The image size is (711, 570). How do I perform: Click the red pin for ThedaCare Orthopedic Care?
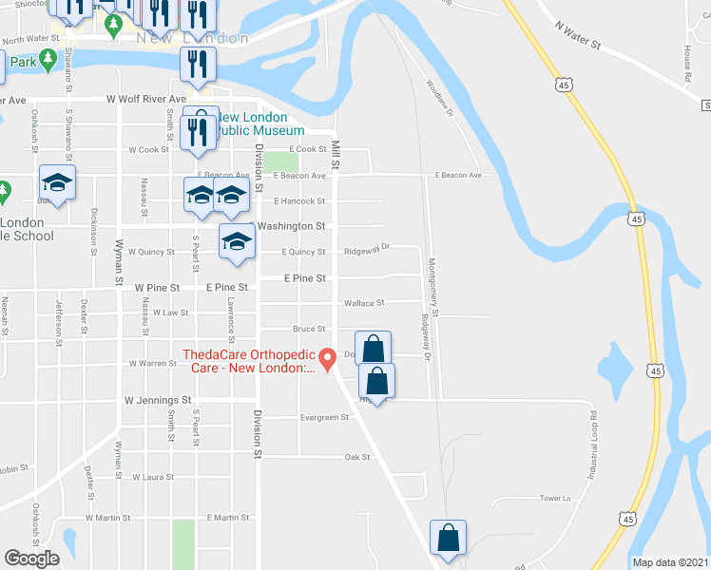click(x=328, y=359)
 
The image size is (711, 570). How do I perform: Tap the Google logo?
click(x=31, y=559)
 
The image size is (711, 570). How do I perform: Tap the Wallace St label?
click(x=363, y=304)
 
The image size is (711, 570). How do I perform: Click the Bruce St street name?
click(x=309, y=329)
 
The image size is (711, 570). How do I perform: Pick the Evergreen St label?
click(x=324, y=418)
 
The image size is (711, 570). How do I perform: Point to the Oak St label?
click(x=356, y=457)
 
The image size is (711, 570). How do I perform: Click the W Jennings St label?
click(x=158, y=401)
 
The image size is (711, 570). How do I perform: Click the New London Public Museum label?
click(x=260, y=123)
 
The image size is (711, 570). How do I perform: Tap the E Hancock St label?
click(x=299, y=201)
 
